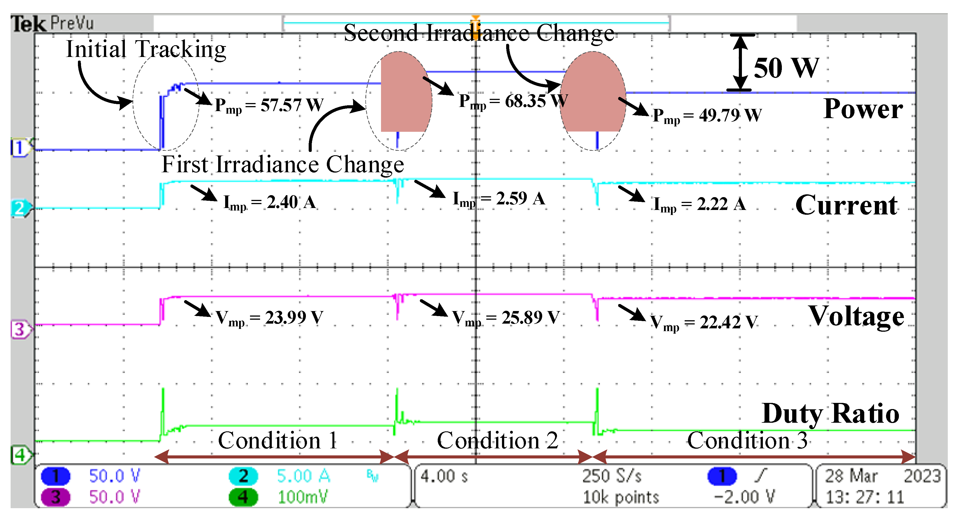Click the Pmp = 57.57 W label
pos(269,106)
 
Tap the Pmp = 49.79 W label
pos(707,116)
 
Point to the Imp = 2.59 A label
pos(499,199)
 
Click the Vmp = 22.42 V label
pos(704,322)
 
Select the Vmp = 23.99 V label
pos(269,317)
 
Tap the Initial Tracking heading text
pos(146,49)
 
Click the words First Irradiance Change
pos(283,164)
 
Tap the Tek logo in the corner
pos(28,24)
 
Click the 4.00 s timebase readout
pos(444,476)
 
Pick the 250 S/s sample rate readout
pos(611,476)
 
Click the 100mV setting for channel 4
pos(303,497)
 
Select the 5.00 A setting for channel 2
pos(303,476)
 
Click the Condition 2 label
pos(497,441)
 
